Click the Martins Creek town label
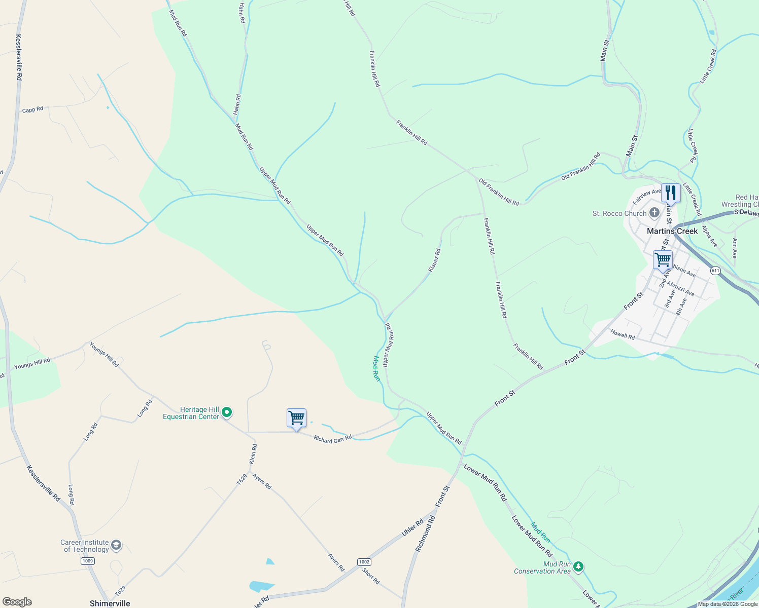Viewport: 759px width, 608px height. pyautogui.click(x=672, y=231)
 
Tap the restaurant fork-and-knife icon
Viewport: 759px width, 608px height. pyautogui.click(x=671, y=193)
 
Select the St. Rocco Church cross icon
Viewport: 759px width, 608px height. pyautogui.click(x=654, y=213)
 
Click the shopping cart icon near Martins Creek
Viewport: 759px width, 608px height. pyautogui.click(x=663, y=260)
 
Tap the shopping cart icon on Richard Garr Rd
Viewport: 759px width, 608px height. pyautogui.click(x=296, y=418)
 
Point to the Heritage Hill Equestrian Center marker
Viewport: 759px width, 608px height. pyautogui.click(x=227, y=412)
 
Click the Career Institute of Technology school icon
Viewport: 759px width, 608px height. pyautogui.click(x=116, y=545)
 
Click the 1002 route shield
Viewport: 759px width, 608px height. pyautogui.click(x=364, y=562)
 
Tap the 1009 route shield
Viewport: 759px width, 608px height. pyautogui.click(x=88, y=561)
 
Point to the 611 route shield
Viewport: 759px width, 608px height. pyautogui.click(x=715, y=271)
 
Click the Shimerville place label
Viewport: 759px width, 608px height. pyautogui.click(x=110, y=603)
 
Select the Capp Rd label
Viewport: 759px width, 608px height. pyautogui.click(x=32, y=109)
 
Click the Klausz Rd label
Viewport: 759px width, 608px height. pyautogui.click(x=434, y=260)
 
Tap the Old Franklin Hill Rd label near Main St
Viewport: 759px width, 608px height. pyautogui.click(x=581, y=166)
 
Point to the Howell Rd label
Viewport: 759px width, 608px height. pyautogui.click(x=623, y=334)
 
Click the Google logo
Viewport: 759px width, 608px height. pyautogui.click(x=17, y=602)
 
